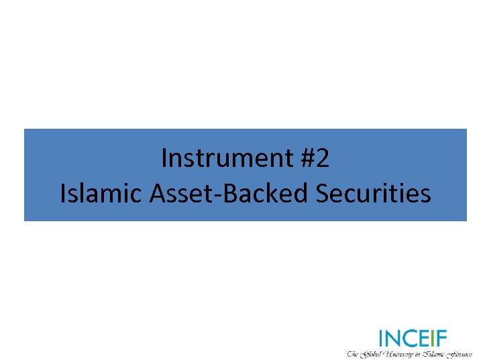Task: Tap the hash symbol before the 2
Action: coord(304,159)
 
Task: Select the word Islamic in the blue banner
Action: coord(101,193)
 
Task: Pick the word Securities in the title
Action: coord(373,193)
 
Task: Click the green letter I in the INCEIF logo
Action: coord(381,338)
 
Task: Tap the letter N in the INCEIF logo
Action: coord(392,338)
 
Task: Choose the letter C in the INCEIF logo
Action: coord(410,338)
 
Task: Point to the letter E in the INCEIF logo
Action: coord(425,338)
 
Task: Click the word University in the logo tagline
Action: coord(403,353)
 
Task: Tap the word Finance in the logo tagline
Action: coord(460,353)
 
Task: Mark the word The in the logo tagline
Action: coord(353,353)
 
